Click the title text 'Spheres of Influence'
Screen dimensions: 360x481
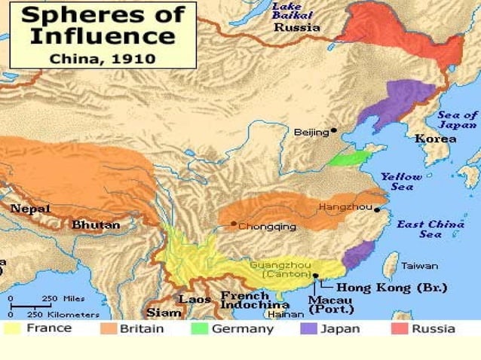(102, 26)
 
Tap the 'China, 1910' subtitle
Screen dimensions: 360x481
(102, 57)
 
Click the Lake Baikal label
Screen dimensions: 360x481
(287, 11)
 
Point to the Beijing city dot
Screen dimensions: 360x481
(334, 130)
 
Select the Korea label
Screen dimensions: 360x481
(435, 139)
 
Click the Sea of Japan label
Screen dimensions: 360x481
(458, 120)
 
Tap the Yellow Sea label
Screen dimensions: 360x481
(401, 182)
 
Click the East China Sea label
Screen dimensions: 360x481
(430, 229)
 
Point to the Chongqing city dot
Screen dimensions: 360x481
(234, 224)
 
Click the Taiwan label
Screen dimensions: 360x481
(419, 266)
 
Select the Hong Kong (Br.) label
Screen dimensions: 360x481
(391, 287)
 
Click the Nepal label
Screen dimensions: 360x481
(30, 208)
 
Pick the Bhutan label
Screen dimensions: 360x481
(96, 224)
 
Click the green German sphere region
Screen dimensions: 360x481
(348, 159)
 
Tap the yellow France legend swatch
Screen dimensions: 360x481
(14, 329)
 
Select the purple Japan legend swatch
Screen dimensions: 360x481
(309, 329)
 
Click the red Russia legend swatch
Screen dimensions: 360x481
(400, 329)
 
